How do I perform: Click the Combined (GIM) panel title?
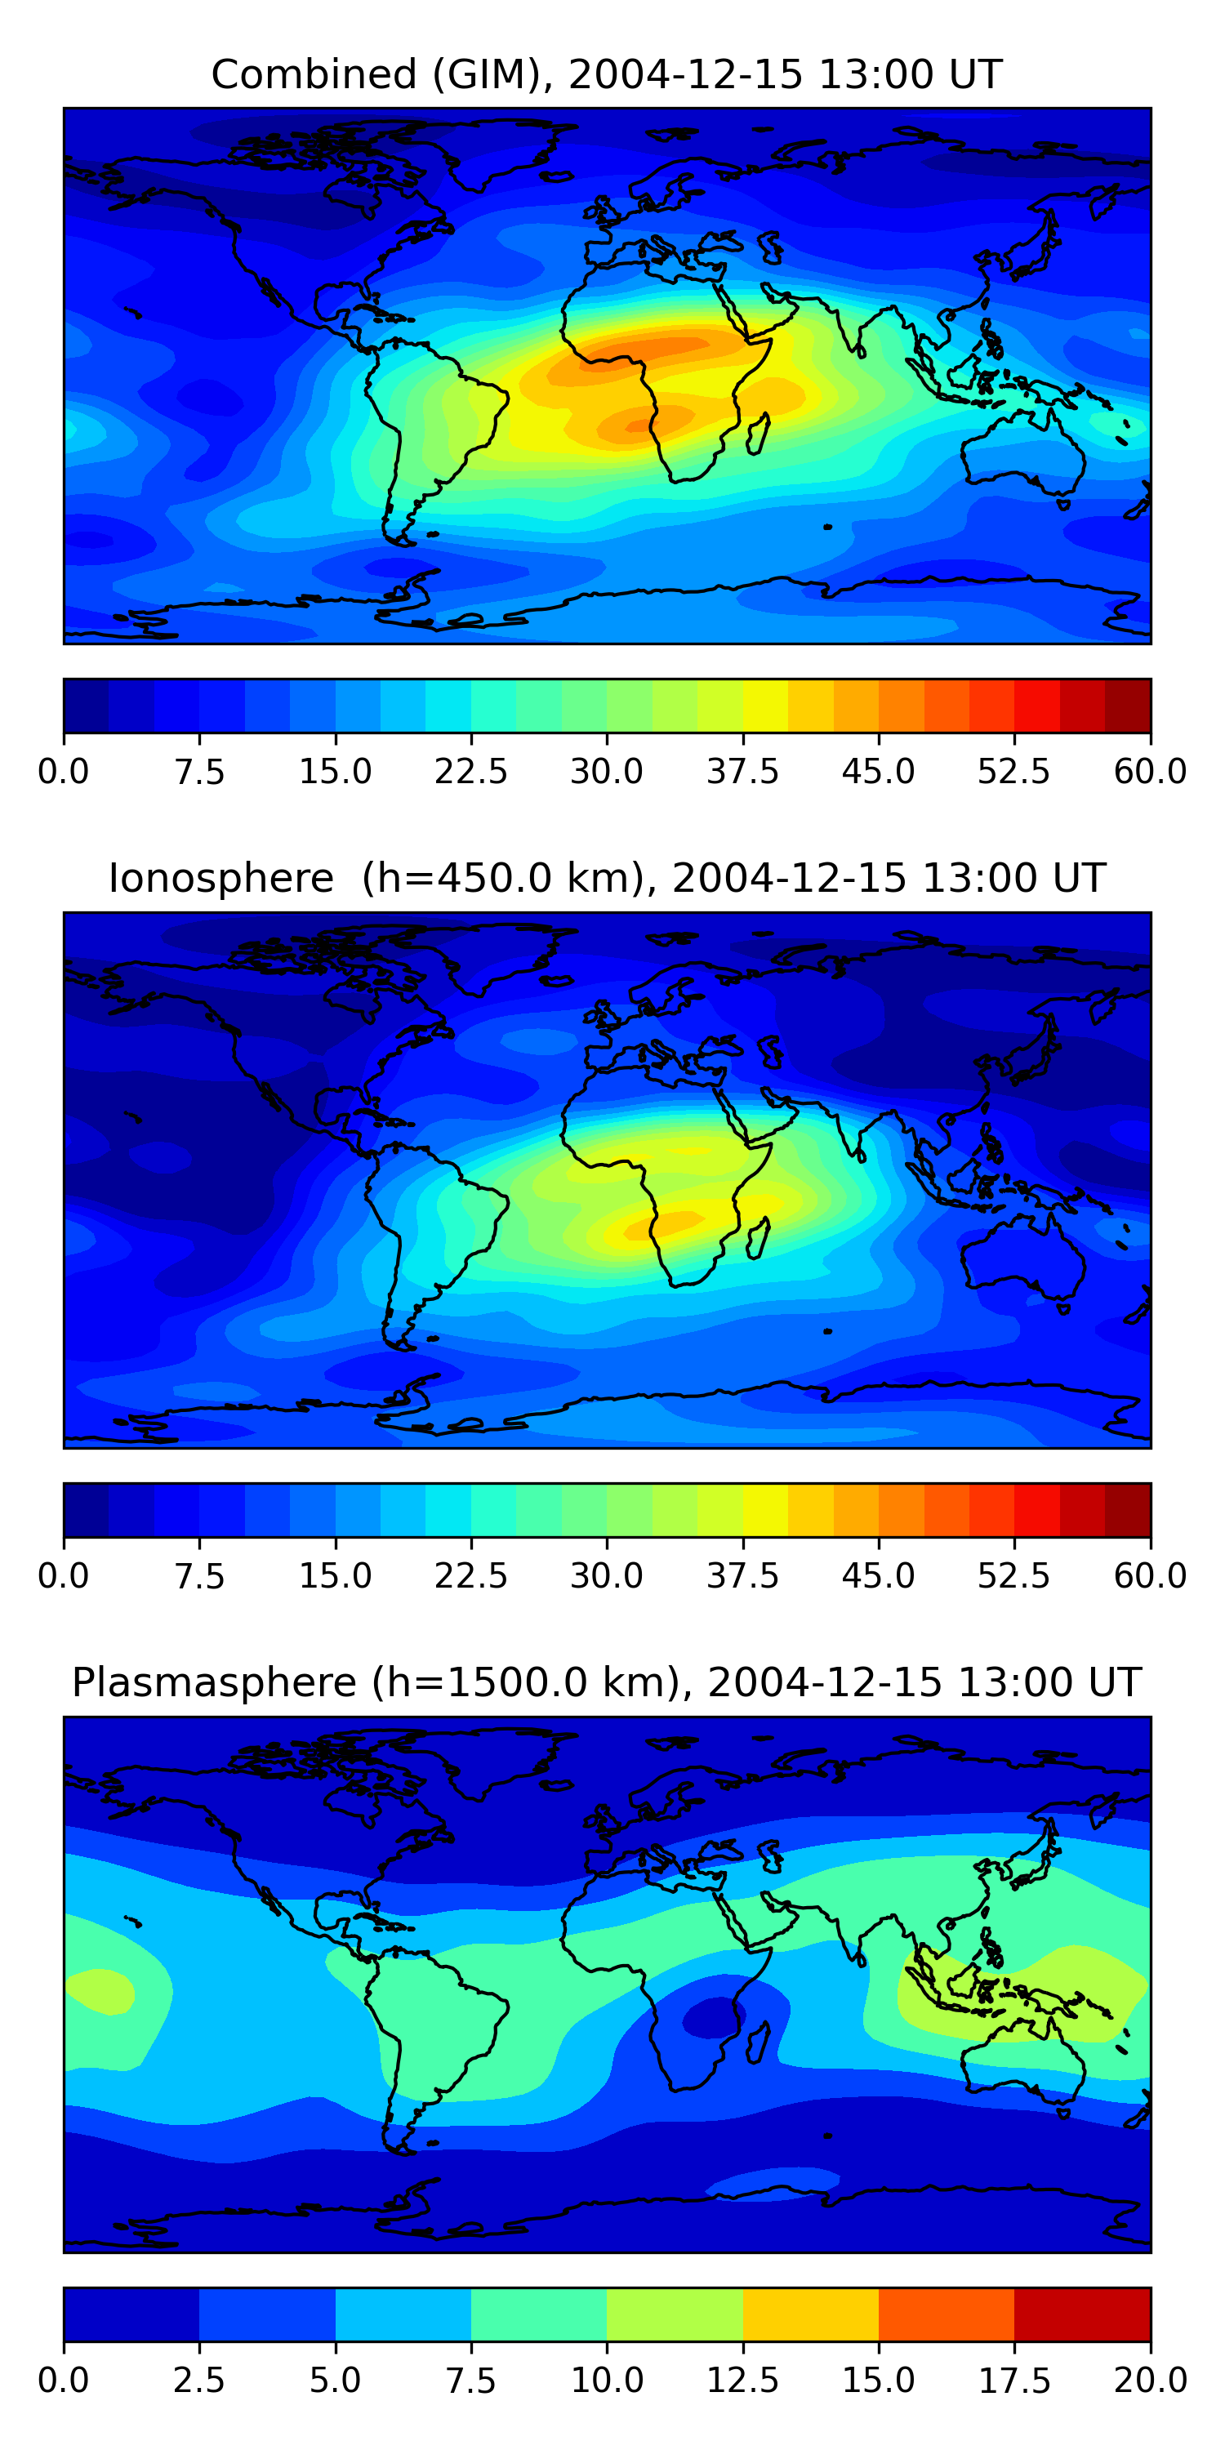[607, 74]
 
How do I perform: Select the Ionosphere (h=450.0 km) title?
[607, 878]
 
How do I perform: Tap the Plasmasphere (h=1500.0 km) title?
[607, 1682]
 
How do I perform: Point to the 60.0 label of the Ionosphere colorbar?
[1150, 1576]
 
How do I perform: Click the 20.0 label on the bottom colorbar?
[1150, 2381]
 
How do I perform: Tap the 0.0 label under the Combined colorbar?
[64, 771]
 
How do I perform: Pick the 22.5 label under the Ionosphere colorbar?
[470, 1576]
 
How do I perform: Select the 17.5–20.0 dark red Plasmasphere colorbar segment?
[1082, 2314]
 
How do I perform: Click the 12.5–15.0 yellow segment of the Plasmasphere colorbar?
[810, 2314]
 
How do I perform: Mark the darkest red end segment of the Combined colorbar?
[1128, 706]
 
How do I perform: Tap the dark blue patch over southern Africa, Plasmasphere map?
[709, 2016]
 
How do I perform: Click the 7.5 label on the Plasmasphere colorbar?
[470, 2381]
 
